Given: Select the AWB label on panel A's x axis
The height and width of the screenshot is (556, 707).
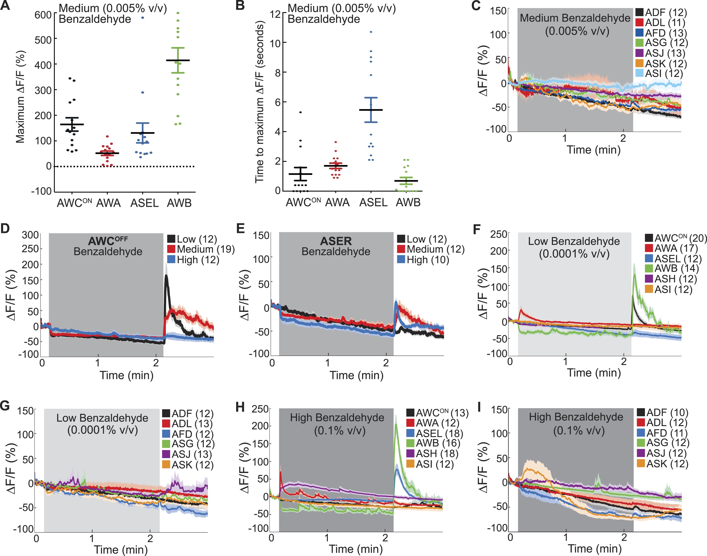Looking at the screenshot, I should pyautogui.click(x=179, y=203).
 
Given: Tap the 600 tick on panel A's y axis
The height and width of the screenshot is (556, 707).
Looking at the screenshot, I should pyautogui.click(x=43, y=15).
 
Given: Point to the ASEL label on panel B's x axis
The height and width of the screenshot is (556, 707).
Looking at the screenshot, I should pyautogui.click(x=373, y=203).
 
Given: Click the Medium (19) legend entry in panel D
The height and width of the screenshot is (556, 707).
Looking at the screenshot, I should pyautogui.click(x=201, y=249).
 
